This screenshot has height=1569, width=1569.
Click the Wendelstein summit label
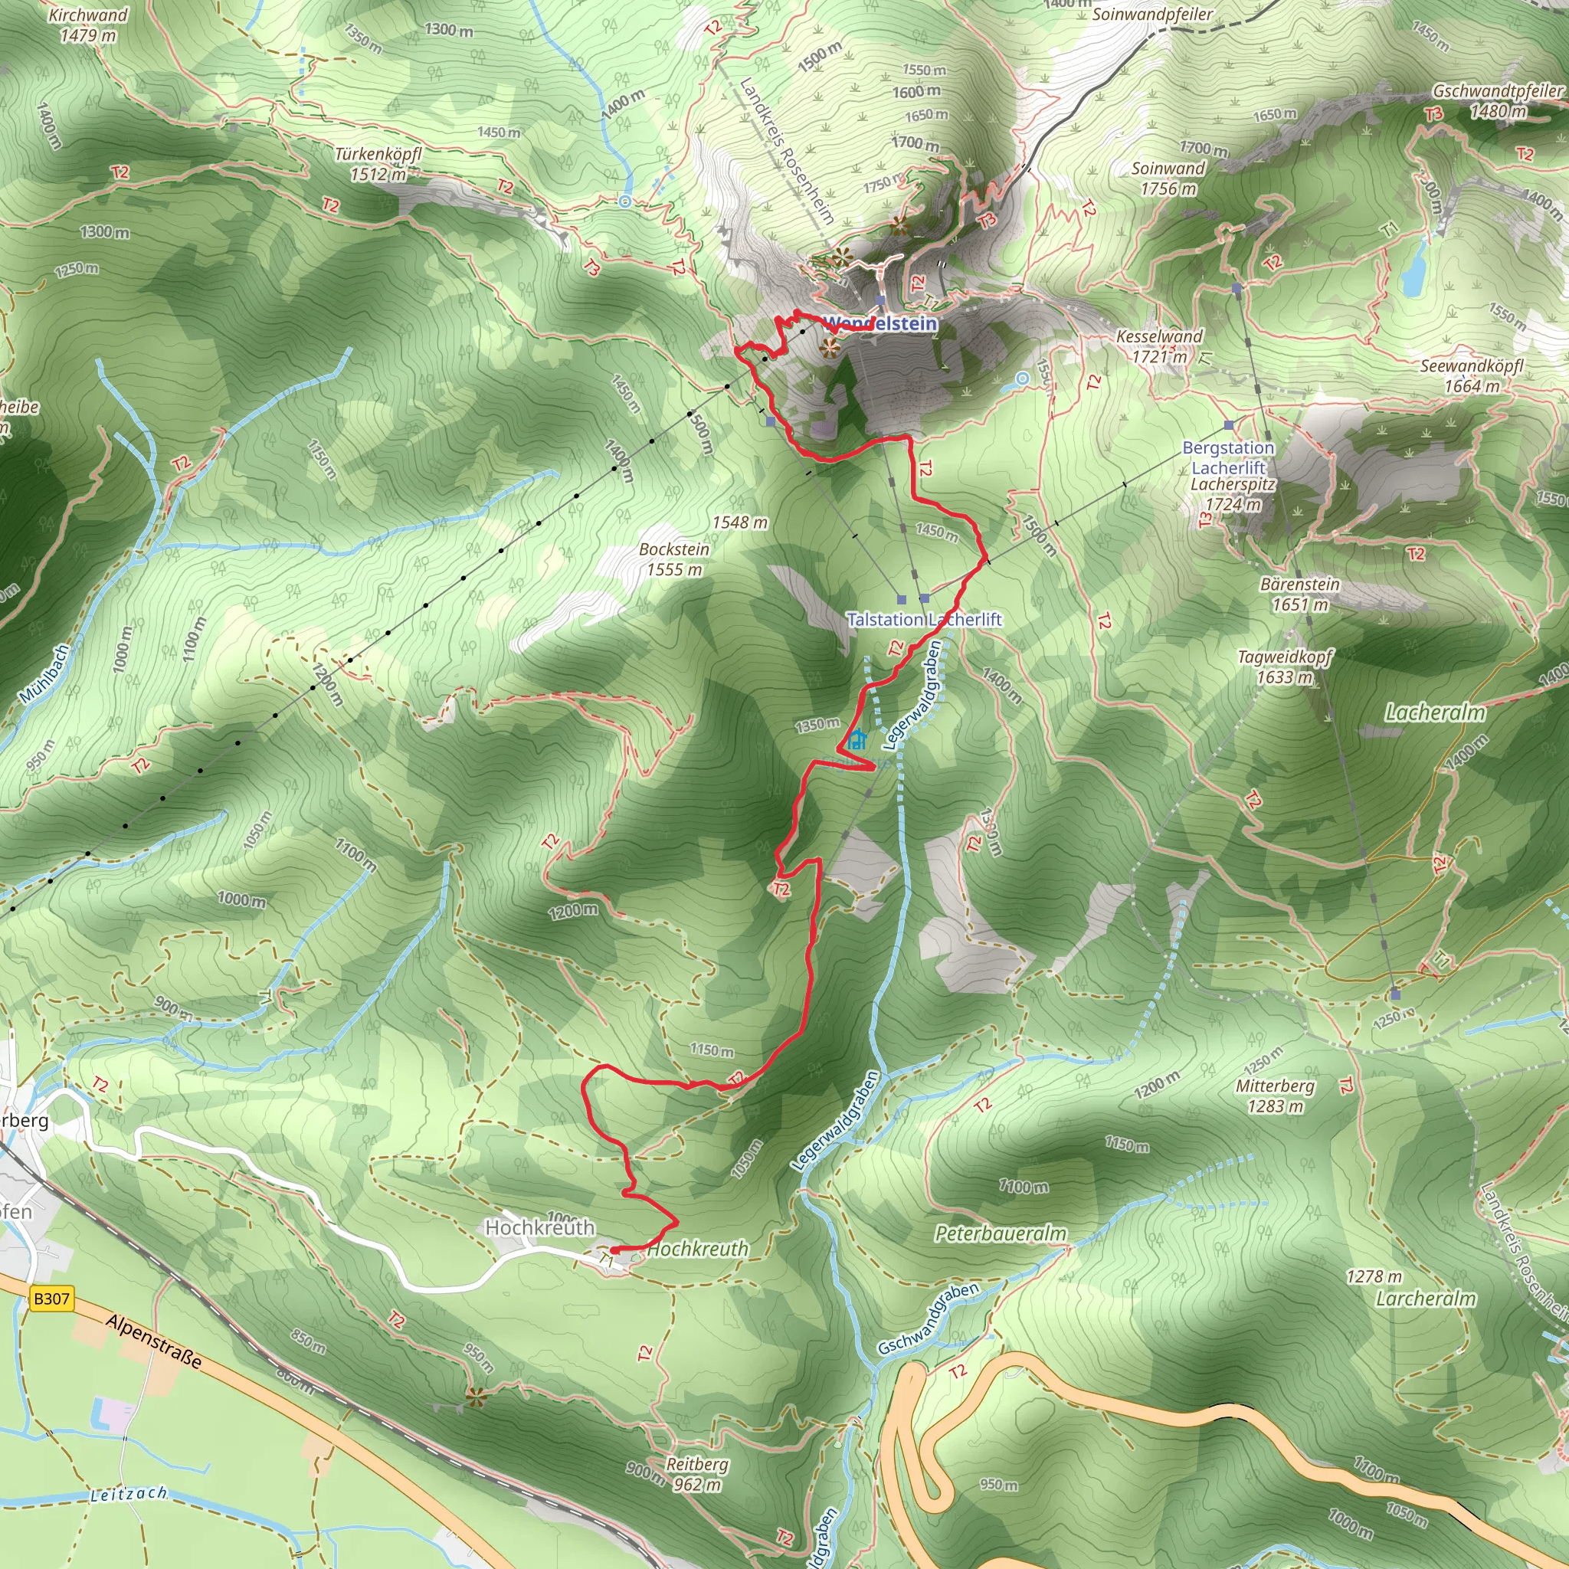[881, 324]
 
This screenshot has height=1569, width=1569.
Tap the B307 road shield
[51, 1299]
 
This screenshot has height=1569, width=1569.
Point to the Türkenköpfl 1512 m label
[378, 164]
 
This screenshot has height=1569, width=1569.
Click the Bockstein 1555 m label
[674, 559]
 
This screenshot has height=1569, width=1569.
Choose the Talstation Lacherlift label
[924, 620]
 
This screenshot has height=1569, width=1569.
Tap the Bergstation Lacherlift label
[1228, 458]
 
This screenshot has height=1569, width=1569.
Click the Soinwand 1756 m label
[1168, 179]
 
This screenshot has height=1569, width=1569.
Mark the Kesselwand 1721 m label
[1159, 346]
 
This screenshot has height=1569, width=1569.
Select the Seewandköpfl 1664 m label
[1472, 376]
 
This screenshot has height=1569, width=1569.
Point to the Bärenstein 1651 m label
[1300, 595]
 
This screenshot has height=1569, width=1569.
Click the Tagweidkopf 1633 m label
[1285, 667]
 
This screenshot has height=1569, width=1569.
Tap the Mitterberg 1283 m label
[1275, 1096]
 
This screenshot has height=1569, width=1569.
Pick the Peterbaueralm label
[1001, 1233]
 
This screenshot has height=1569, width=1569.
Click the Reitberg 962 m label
[697, 1474]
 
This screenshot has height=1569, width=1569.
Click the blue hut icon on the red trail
[856, 741]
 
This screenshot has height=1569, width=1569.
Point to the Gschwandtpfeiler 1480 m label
[1498, 100]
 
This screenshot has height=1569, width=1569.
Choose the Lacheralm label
[1435, 713]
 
